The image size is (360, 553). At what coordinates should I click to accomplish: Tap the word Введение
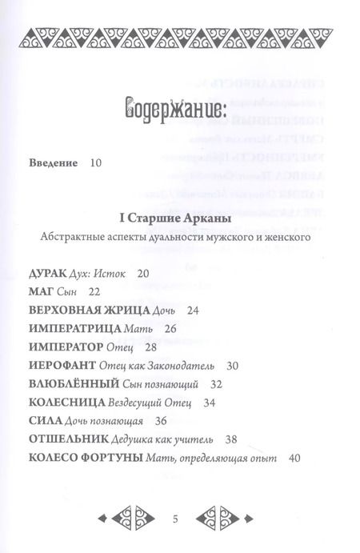[54, 163]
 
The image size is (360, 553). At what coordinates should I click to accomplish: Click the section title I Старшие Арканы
[178, 218]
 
